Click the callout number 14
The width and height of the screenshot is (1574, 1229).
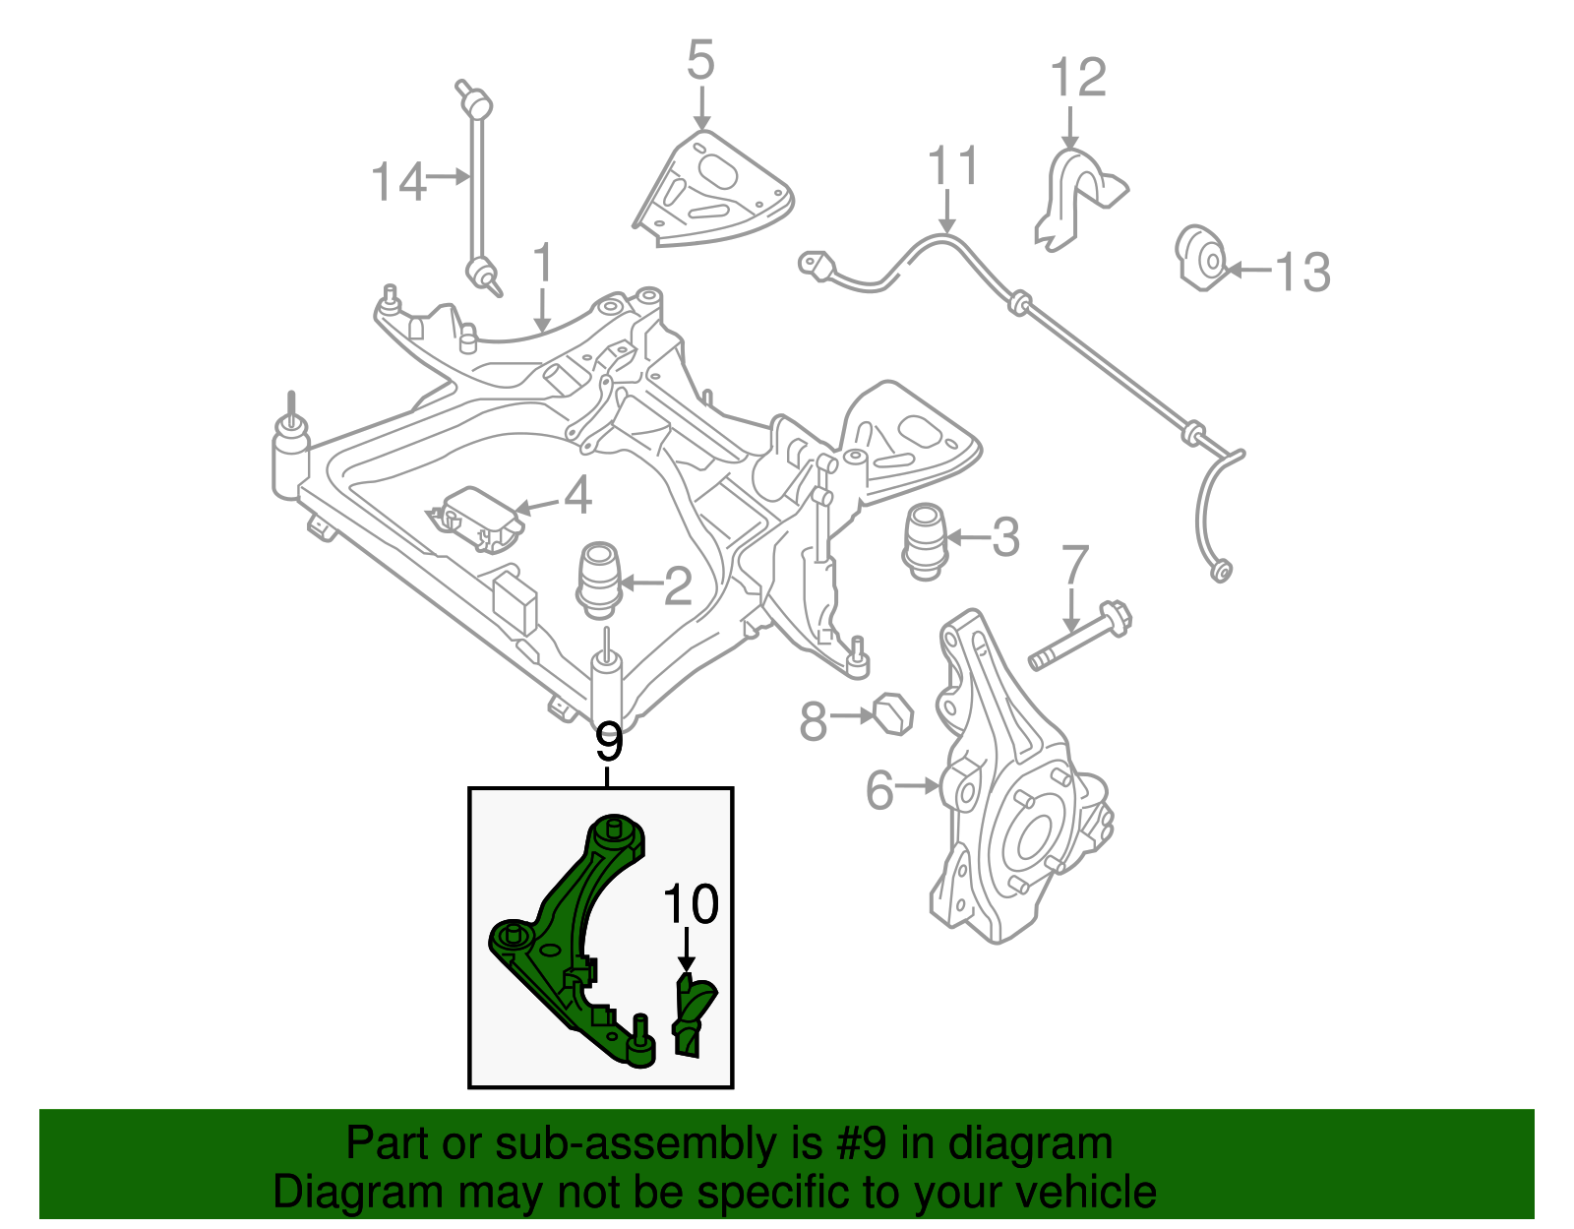(398, 182)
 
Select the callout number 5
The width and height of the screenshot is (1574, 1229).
(699, 61)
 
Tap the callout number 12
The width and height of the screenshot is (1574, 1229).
(1077, 78)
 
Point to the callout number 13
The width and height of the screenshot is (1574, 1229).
(1302, 272)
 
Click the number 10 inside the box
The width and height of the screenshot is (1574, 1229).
(691, 904)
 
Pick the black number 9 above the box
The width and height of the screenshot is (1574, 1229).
(609, 742)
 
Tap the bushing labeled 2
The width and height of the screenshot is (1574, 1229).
(599, 580)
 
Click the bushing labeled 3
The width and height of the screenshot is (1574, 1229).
(925, 540)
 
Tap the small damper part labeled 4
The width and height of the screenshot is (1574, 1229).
(475, 519)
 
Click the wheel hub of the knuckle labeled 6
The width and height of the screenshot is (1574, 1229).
(1033, 834)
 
